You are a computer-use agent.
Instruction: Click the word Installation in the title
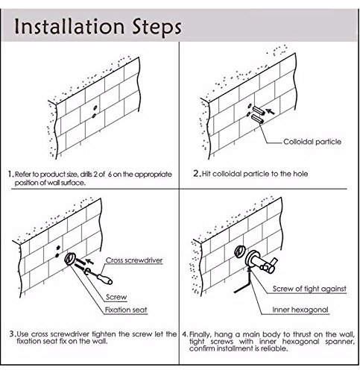(69, 26)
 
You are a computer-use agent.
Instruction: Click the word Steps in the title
(157, 28)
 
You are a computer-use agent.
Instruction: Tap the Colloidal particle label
(312, 142)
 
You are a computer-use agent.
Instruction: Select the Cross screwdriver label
(134, 260)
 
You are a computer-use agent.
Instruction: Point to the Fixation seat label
(126, 310)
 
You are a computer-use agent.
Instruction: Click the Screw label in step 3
(116, 297)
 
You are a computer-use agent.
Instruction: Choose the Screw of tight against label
(309, 289)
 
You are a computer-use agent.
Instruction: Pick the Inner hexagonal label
(300, 310)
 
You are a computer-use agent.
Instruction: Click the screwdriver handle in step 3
(105, 279)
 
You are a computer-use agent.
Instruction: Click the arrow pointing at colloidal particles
(270, 112)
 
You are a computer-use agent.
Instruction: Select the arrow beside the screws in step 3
(89, 261)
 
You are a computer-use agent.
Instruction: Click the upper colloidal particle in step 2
(259, 110)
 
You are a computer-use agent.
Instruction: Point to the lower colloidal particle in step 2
(257, 119)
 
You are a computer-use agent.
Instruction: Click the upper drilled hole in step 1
(95, 107)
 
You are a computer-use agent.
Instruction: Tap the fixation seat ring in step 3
(70, 259)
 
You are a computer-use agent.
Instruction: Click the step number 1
(10, 174)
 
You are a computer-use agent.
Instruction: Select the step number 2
(197, 173)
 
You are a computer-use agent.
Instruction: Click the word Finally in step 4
(200, 334)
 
